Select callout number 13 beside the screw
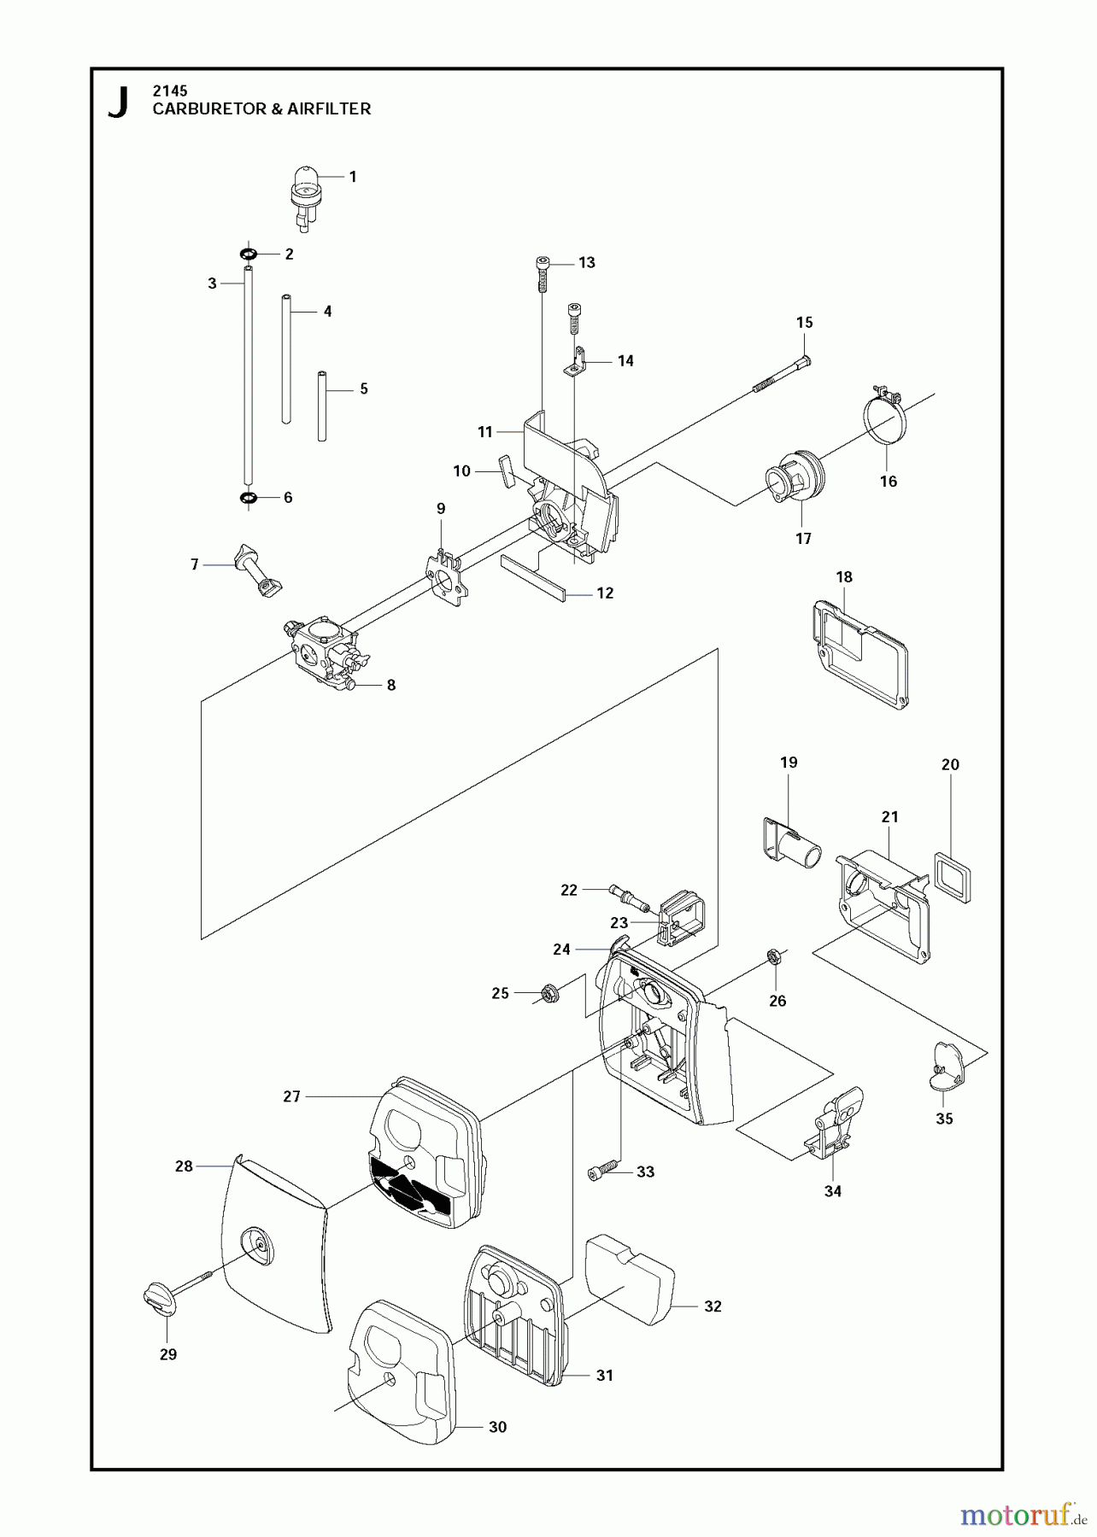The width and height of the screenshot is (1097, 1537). click(x=587, y=263)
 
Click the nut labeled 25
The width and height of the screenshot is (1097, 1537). click(x=550, y=993)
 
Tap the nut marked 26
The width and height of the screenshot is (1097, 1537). click(x=771, y=956)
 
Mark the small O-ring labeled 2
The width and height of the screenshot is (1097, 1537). click(x=248, y=254)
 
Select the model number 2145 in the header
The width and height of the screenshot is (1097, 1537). click(x=170, y=90)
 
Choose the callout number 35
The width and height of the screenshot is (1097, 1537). click(x=944, y=1119)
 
